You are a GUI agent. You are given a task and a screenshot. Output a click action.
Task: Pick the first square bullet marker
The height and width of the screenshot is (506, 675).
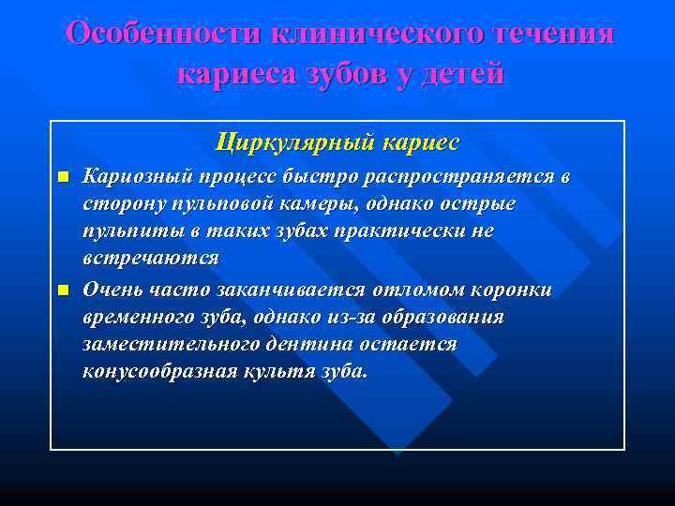pos(63,176)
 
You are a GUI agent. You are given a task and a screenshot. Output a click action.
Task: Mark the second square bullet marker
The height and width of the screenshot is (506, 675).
pos(63,290)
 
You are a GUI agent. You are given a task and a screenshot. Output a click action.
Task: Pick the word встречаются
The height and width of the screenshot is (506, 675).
pos(151,258)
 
